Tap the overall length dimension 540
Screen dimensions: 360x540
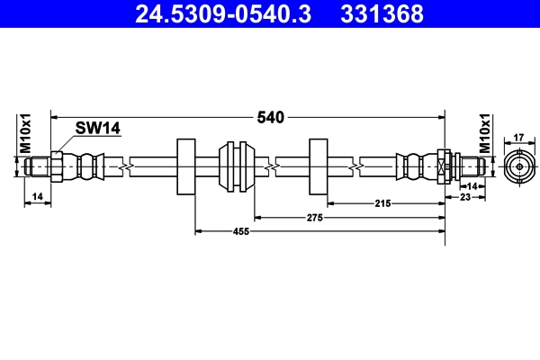click(271, 117)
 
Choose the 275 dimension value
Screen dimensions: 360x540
click(314, 217)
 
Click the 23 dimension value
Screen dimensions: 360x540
click(464, 196)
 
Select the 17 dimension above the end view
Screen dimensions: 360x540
click(517, 138)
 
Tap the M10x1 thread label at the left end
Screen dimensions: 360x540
click(26, 133)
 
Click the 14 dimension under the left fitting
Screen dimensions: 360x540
click(36, 196)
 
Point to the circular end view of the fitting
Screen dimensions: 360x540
click(517, 166)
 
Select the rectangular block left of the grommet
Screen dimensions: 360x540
click(186, 166)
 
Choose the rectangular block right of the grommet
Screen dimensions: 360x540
click(319, 166)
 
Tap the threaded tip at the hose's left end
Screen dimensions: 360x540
click(37, 166)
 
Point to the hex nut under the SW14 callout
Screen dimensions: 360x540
click(58, 166)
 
